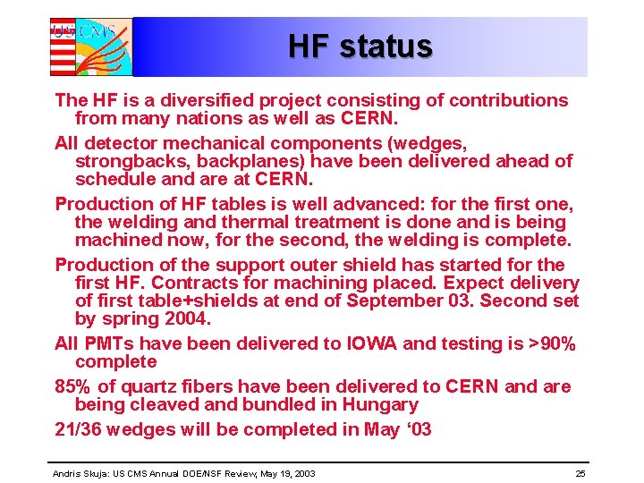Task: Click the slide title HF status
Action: [x=360, y=46]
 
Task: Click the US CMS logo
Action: [x=90, y=47]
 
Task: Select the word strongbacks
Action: [x=130, y=161]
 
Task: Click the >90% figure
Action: [x=551, y=343]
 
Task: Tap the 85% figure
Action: [x=73, y=386]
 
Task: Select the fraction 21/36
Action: [x=80, y=429]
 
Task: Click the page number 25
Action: [x=580, y=472]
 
